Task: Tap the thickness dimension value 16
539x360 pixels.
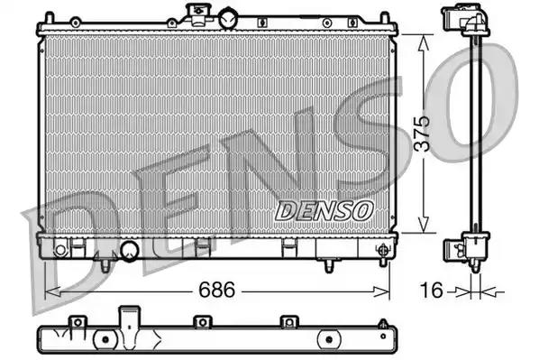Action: (x=433, y=291)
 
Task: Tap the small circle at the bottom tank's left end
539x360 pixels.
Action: (x=57, y=245)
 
